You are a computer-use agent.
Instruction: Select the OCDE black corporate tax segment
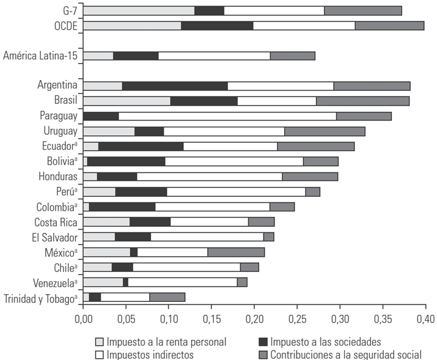(x=217, y=26)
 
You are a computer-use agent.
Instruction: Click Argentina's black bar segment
(x=175, y=86)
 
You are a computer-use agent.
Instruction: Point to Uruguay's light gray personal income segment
(x=108, y=131)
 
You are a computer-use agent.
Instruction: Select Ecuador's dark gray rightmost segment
(x=315, y=146)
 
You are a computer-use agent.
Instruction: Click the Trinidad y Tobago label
(x=40, y=298)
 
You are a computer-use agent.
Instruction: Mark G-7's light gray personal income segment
(x=138, y=10)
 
